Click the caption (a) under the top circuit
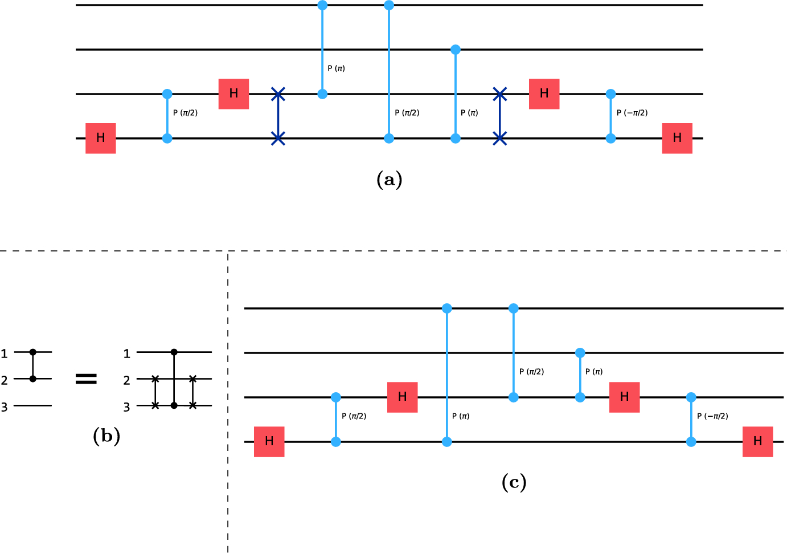(390, 180)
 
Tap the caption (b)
(106, 436)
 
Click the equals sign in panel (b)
(87, 379)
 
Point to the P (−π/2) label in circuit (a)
(632, 112)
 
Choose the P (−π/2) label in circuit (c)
(712, 416)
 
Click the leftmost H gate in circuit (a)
(101, 138)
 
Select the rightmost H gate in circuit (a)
(678, 138)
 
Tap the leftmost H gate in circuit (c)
(269, 441)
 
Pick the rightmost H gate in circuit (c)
(758, 441)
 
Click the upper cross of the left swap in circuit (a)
(278, 94)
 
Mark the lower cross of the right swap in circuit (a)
(499, 138)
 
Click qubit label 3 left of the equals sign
(4, 407)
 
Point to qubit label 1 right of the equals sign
(127, 353)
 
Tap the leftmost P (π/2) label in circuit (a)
(185, 112)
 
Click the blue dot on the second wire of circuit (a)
(456, 50)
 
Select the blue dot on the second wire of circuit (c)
(580, 352)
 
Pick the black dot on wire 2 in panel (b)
(33, 379)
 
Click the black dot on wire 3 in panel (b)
(174, 405)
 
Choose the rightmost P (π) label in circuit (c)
(594, 372)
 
